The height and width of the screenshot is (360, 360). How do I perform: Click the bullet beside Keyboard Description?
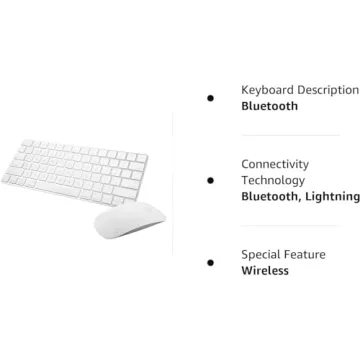coord(210,97)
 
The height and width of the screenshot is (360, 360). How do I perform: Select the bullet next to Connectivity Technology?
coord(210,180)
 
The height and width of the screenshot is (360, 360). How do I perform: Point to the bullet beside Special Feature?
coord(210,262)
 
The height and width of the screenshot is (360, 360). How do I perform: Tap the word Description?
coord(327,89)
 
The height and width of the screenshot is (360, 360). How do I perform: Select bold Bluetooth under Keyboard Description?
coord(269,106)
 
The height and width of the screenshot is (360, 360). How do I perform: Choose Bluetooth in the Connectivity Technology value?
coord(269,197)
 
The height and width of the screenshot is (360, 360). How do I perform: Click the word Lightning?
coord(332,197)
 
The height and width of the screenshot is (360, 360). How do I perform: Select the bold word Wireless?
coord(265,270)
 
